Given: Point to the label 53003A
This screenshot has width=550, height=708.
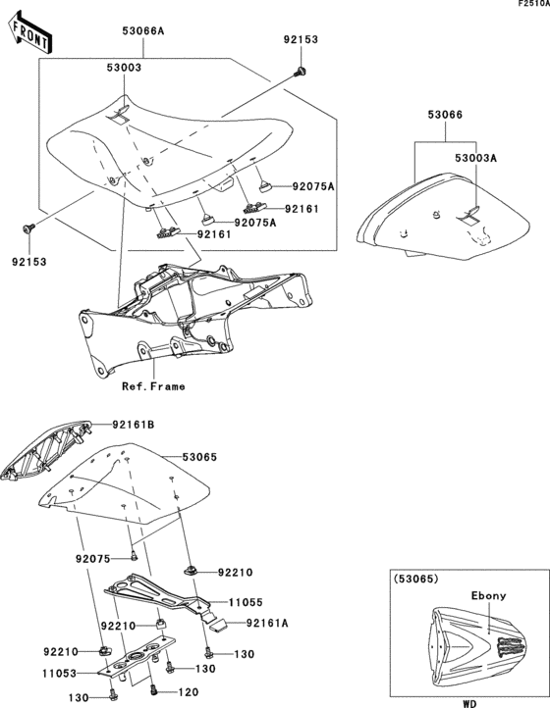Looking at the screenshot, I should click(x=475, y=157).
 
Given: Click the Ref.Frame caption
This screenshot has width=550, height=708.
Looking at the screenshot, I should click(x=153, y=386).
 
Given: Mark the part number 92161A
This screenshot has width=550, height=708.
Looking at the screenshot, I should click(x=268, y=623).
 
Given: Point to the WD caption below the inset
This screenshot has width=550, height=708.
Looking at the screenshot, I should click(x=467, y=702).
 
